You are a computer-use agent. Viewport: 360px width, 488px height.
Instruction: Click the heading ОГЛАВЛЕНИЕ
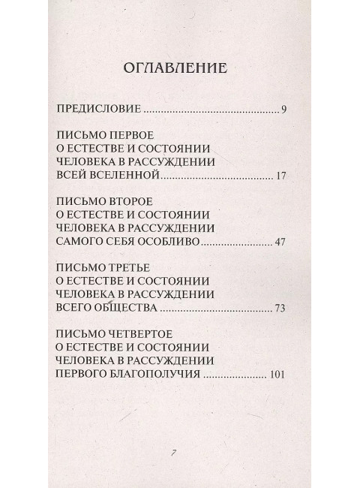[x=179, y=69]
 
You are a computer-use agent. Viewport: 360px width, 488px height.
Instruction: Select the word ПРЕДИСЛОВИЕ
[x=99, y=110]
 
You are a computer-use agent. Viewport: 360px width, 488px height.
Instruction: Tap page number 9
[x=284, y=110]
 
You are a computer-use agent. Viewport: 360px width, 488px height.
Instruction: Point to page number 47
[x=281, y=242]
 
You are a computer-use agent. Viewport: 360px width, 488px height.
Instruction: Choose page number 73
[x=281, y=309]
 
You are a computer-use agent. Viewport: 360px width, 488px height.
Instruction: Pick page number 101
[x=278, y=375]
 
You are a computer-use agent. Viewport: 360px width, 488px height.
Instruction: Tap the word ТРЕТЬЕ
[x=130, y=266]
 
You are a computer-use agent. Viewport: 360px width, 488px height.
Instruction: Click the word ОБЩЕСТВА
[x=124, y=309]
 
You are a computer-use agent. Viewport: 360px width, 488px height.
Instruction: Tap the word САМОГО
[x=79, y=242]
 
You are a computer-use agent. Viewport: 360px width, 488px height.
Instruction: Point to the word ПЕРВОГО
[x=82, y=375]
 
